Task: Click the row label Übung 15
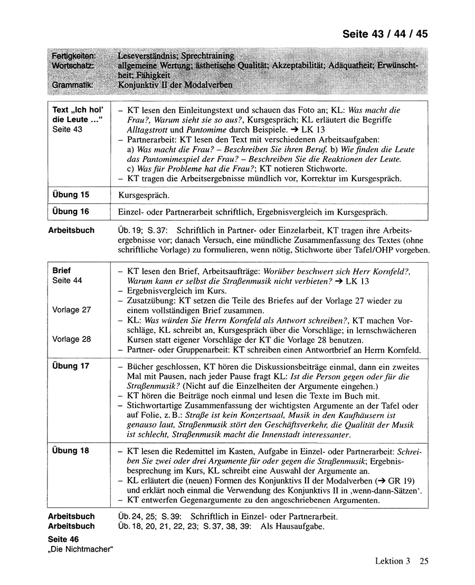click(x=71, y=194)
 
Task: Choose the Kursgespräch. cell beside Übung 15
click(x=144, y=196)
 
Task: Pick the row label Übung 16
click(x=71, y=211)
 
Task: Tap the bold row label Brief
click(x=62, y=270)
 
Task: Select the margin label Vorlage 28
click(x=72, y=339)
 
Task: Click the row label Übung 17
click(x=71, y=366)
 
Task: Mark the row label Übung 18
click(x=71, y=451)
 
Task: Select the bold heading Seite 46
click(x=65, y=540)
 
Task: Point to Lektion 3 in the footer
click(x=392, y=561)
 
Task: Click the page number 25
click(x=424, y=561)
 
